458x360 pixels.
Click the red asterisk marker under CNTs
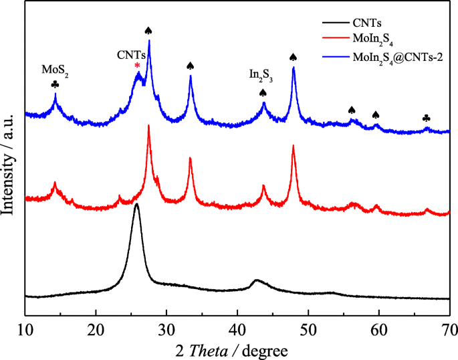tap(137, 66)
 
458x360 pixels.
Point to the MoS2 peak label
tap(55, 69)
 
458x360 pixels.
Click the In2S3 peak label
tap(263, 76)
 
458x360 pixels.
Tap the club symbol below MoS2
tap(55, 85)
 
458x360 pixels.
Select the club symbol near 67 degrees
tap(427, 118)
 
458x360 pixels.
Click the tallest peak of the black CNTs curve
tap(136, 205)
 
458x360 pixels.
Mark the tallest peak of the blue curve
tap(149, 41)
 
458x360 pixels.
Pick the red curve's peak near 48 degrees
tap(293, 147)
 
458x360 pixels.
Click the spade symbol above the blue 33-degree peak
tap(191, 66)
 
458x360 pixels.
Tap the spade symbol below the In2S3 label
tap(263, 92)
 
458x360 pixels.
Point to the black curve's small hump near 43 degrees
tap(257, 281)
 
